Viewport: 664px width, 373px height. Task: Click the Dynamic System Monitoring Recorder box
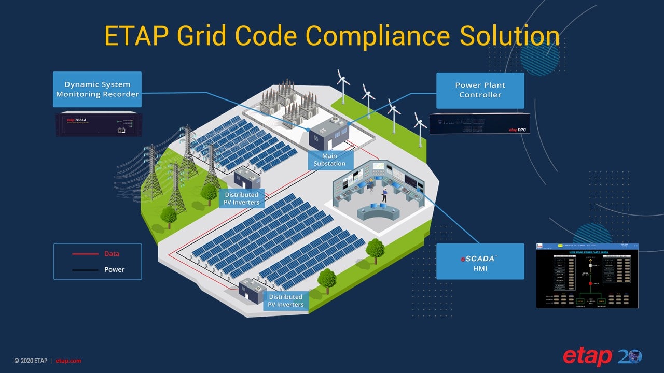97,89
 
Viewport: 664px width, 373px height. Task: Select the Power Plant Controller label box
480,90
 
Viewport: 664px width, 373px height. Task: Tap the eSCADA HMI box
480,262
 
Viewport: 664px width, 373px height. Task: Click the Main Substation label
329,160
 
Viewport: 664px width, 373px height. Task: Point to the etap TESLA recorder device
98,124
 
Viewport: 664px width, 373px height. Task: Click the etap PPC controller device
479,123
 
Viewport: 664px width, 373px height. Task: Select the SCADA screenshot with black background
587,276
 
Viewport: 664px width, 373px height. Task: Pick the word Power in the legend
114,269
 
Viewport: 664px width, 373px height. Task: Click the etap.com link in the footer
68,361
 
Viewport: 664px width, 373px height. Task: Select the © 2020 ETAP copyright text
31,361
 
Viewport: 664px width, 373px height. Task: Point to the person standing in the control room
384,195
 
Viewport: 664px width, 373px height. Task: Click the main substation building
327,134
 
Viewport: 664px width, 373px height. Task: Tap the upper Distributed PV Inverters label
242,198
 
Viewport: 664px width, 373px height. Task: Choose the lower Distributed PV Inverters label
286,300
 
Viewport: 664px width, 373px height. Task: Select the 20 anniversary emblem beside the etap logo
630,357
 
